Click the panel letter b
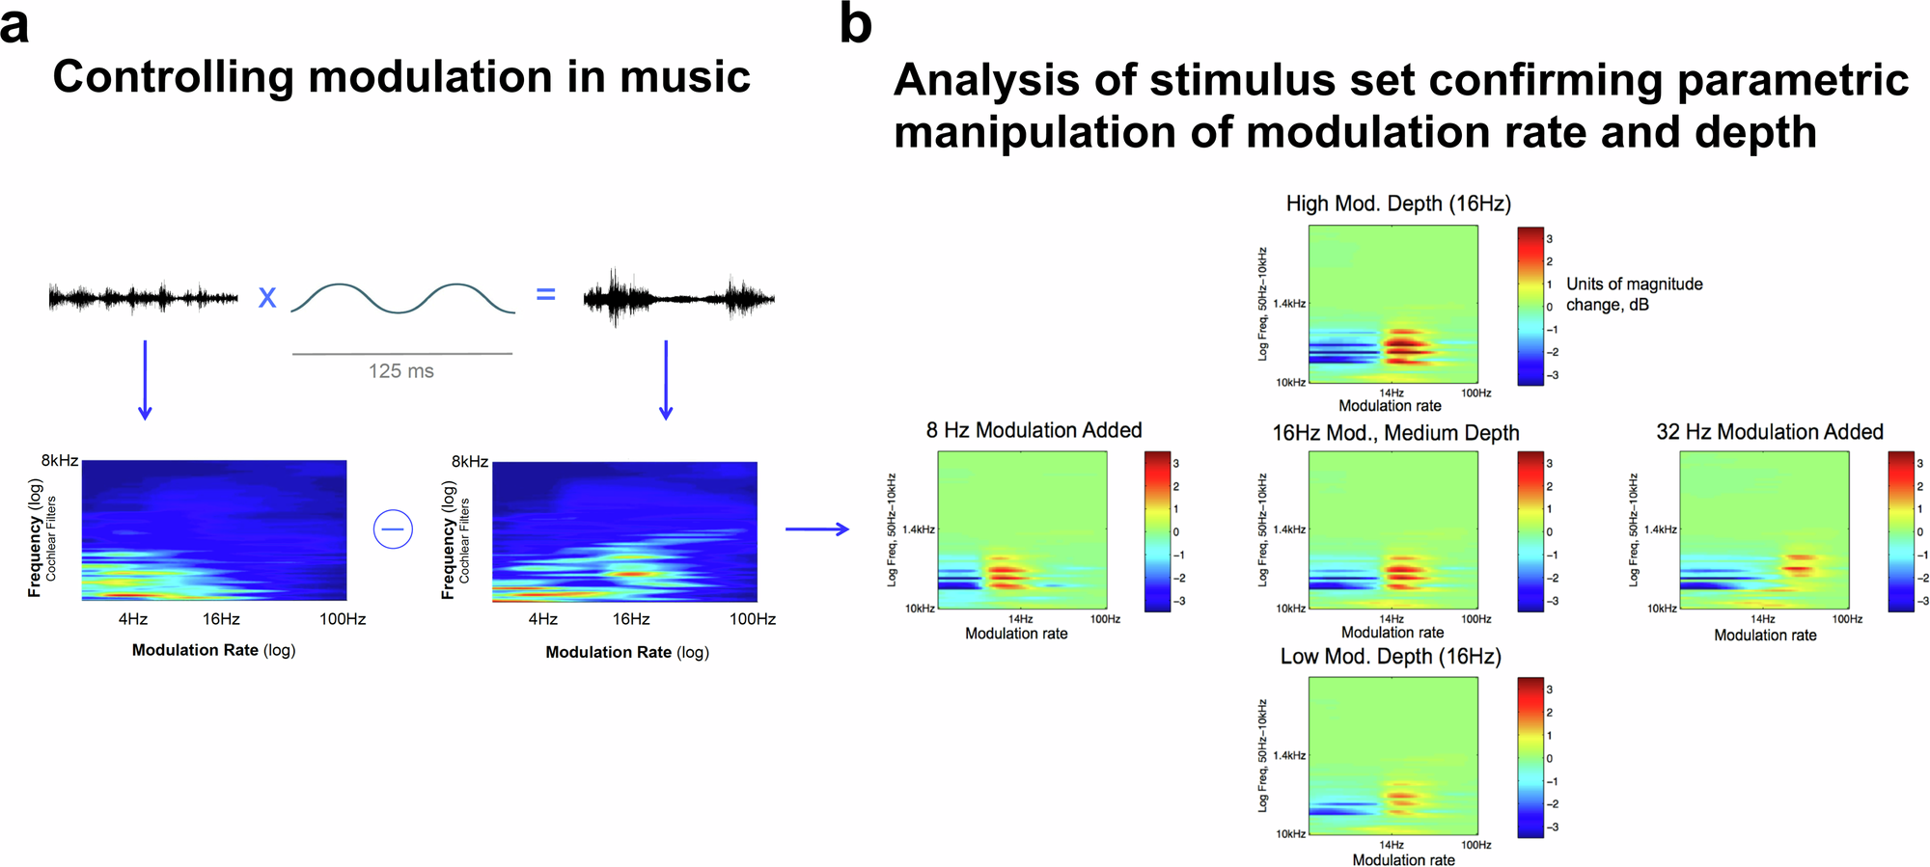tap(855, 23)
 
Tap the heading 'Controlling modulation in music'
tap(401, 77)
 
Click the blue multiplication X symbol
tap(267, 297)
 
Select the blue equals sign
tap(546, 294)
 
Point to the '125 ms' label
tap(401, 371)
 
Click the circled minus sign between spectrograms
tap(393, 528)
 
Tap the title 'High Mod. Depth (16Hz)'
tap(1398, 203)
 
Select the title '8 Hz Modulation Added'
tap(1034, 430)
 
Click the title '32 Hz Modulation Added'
tap(1770, 432)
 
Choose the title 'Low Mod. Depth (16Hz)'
tap(1391, 657)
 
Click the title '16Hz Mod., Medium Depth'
tap(1395, 433)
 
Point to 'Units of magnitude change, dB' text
tap(1634, 294)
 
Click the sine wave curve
tap(402, 298)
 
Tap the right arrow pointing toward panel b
tap(816, 528)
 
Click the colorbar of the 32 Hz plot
tap(1901, 530)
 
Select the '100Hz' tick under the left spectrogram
tap(343, 619)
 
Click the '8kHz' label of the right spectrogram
tap(469, 462)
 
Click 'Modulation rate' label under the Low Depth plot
tap(1403, 859)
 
